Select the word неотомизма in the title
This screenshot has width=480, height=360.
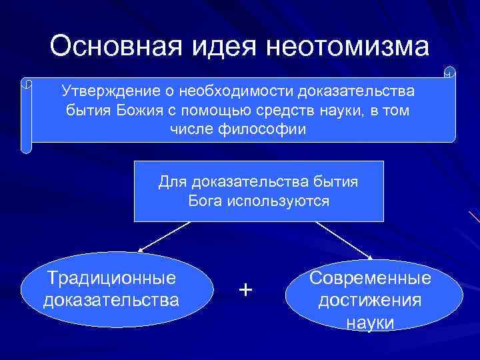point(347,47)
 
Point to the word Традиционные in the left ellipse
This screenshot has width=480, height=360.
point(111,278)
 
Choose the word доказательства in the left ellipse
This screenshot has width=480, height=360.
point(111,300)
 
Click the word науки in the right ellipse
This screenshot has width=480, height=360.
point(371,323)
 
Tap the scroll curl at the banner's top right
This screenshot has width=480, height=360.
point(449,71)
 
